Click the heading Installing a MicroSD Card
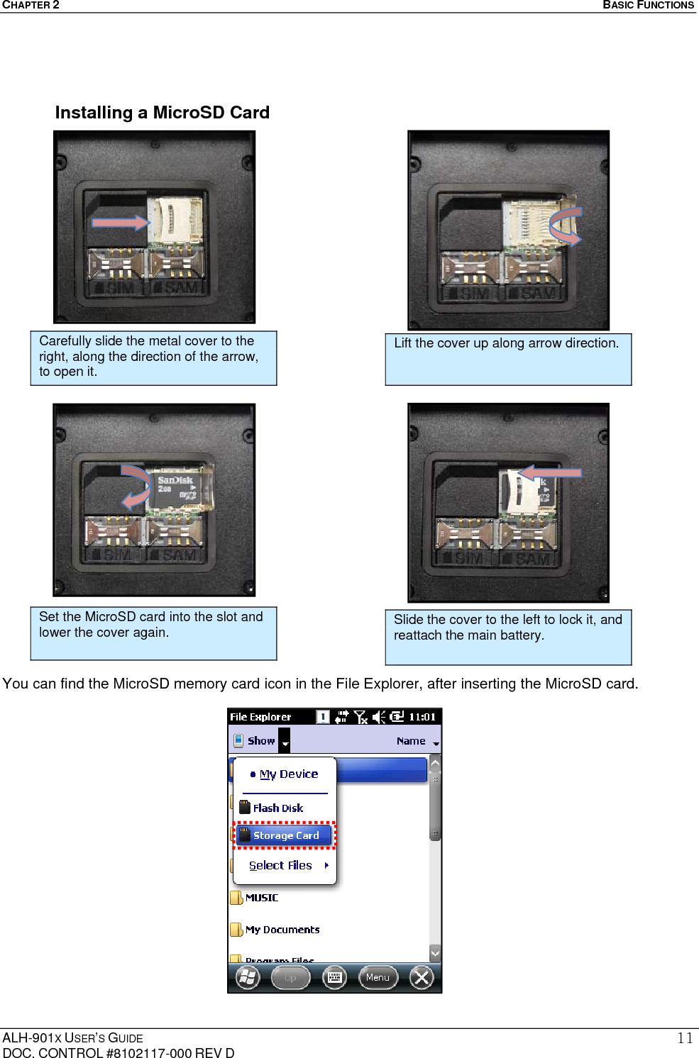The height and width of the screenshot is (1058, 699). [x=162, y=113]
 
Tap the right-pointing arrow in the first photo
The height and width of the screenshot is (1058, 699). [x=121, y=223]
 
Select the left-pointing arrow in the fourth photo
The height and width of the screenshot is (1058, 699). [x=549, y=472]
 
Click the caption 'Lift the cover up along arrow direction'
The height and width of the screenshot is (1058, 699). [x=506, y=343]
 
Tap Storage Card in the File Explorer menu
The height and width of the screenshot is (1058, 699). [x=285, y=835]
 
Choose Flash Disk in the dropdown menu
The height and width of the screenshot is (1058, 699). [x=277, y=808]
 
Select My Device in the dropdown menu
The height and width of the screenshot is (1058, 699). [x=288, y=774]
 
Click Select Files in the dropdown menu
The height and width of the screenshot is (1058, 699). [x=281, y=865]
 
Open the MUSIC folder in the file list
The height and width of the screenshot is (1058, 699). [x=260, y=898]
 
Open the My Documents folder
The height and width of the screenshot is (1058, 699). [x=281, y=930]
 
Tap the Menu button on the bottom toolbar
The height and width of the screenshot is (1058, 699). [x=378, y=977]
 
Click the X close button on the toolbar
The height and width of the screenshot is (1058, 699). [x=422, y=978]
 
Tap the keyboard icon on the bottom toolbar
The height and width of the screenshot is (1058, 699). [x=334, y=977]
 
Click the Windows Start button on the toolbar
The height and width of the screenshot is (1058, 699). [x=248, y=977]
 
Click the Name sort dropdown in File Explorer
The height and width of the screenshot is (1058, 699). [x=417, y=741]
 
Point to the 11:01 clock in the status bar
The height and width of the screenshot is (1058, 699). [x=422, y=717]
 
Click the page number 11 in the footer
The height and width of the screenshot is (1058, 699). [x=684, y=1038]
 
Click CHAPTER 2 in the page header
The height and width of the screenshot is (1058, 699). [x=31, y=5]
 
